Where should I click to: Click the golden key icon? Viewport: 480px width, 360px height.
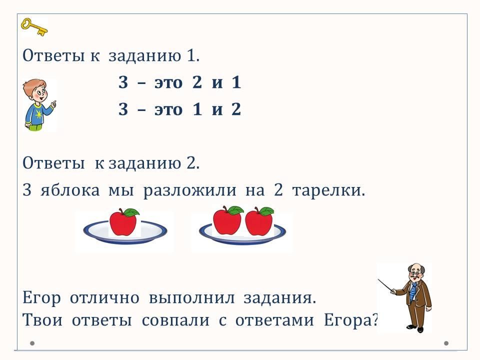pyautogui.click(x=34, y=27)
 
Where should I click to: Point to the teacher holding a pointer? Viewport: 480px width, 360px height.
pyautogui.click(x=407, y=297)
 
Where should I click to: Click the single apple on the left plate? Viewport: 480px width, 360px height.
pyautogui.click(x=123, y=222)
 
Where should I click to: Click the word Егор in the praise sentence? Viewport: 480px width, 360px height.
pyautogui.click(x=41, y=298)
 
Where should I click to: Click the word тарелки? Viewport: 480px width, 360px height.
pyautogui.click(x=329, y=190)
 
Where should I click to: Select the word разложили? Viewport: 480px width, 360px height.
pyautogui.click(x=190, y=190)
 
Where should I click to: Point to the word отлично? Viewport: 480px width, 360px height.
pyautogui.click(x=104, y=298)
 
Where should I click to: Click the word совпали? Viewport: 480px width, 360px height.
pyautogui.click(x=175, y=320)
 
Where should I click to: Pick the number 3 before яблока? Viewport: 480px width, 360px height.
pyautogui.click(x=27, y=190)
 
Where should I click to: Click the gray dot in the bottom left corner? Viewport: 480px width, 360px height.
pyautogui.click(x=32, y=343)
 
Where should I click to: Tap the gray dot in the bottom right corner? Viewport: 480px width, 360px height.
pyautogui.click(x=446, y=343)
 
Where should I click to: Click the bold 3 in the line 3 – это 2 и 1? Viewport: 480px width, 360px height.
pyautogui.click(x=123, y=82)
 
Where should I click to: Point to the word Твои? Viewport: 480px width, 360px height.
pyautogui.click(x=42, y=320)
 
